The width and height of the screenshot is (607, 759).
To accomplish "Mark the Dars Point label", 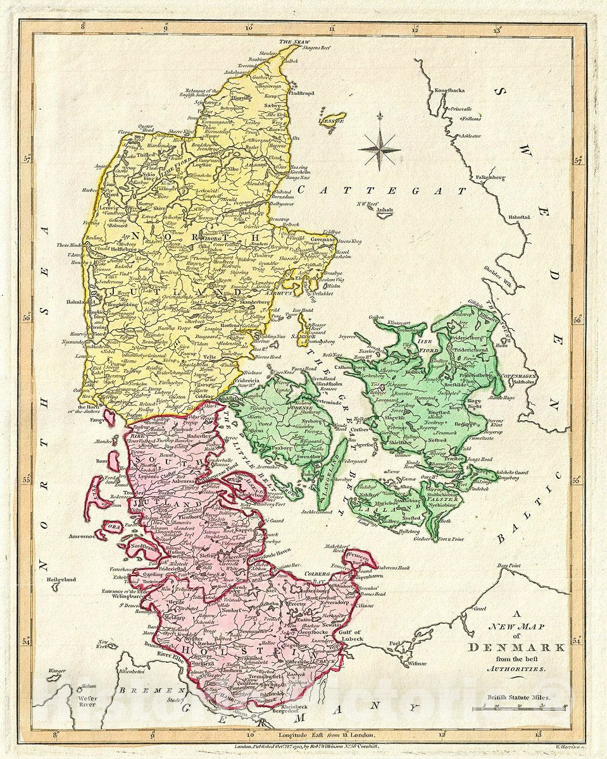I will (x=511, y=564).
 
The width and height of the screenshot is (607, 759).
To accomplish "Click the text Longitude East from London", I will (x=327, y=735).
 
